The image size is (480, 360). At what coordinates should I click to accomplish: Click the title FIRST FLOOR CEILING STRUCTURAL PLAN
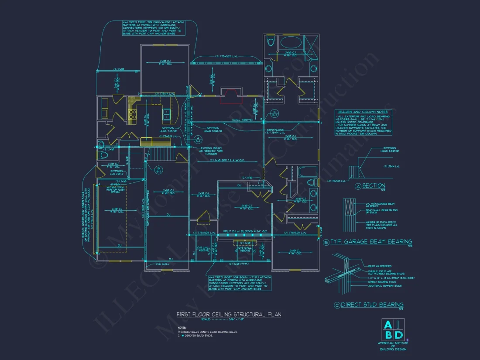coord(229,314)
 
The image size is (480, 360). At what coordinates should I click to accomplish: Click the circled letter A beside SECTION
coord(358,186)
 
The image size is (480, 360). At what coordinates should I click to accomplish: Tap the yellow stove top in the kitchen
coord(133,114)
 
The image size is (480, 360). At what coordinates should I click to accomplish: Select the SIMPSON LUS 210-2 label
coord(117,172)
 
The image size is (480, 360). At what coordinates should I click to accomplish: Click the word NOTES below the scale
coord(182,327)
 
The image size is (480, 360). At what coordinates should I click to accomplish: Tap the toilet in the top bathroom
coord(270,43)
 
